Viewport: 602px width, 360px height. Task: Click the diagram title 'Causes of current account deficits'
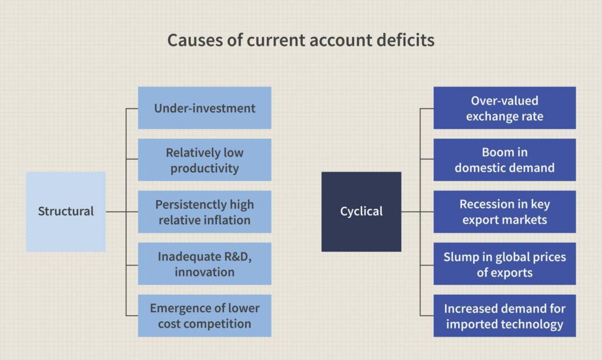click(x=301, y=41)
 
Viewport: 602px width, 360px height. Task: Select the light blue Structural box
click(x=66, y=212)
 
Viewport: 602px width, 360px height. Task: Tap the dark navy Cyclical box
click(x=361, y=212)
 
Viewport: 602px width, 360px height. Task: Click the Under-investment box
click(x=205, y=108)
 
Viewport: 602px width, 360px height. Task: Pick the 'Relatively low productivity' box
click(x=205, y=160)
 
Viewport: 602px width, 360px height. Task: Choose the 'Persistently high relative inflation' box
click(x=205, y=212)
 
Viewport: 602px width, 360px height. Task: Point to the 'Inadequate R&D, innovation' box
click(x=205, y=264)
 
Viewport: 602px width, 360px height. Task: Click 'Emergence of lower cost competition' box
click(x=205, y=316)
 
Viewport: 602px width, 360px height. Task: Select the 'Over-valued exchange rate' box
click(x=504, y=108)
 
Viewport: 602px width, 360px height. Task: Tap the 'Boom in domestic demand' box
click(x=504, y=160)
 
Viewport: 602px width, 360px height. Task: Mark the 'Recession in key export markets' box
click(x=504, y=212)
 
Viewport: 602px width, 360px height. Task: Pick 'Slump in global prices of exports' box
click(x=504, y=264)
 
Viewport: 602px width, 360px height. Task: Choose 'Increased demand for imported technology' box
click(x=504, y=316)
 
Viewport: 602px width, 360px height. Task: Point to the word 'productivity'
click(x=205, y=168)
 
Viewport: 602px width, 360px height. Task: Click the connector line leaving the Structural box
click(x=116, y=212)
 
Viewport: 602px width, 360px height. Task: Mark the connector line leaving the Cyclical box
click(x=411, y=212)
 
